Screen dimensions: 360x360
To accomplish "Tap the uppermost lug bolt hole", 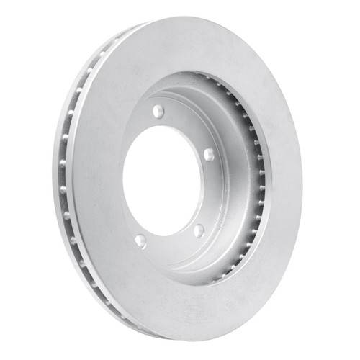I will point(158,111).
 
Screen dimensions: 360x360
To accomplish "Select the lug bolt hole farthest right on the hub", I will point(208,154).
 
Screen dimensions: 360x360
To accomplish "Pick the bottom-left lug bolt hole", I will point(140,241).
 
